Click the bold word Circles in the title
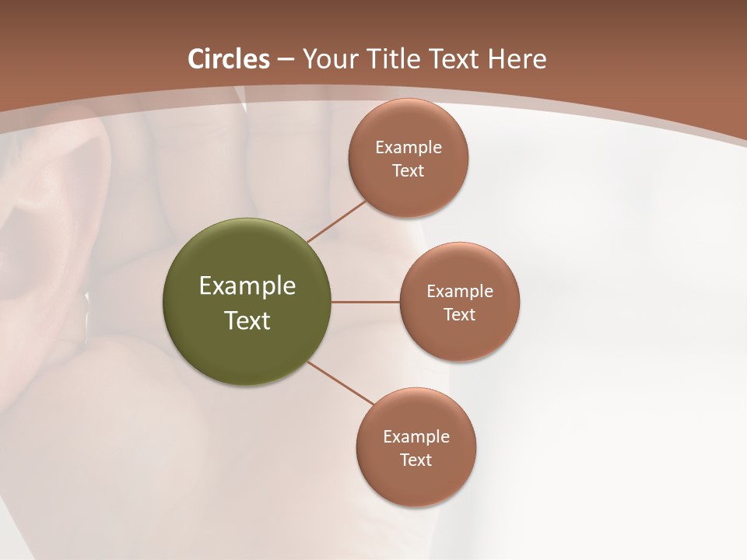tap(229, 59)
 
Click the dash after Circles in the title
tap(286, 60)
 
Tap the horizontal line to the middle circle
tap(365, 302)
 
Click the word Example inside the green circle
tap(247, 286)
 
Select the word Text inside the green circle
tap(247, 320)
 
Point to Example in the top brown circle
tap(408, 148)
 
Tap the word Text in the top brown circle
tap(408, 171)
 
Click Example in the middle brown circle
tap(459, 292)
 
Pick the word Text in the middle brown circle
tap(459, 315)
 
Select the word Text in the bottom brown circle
tap(416, 460)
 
